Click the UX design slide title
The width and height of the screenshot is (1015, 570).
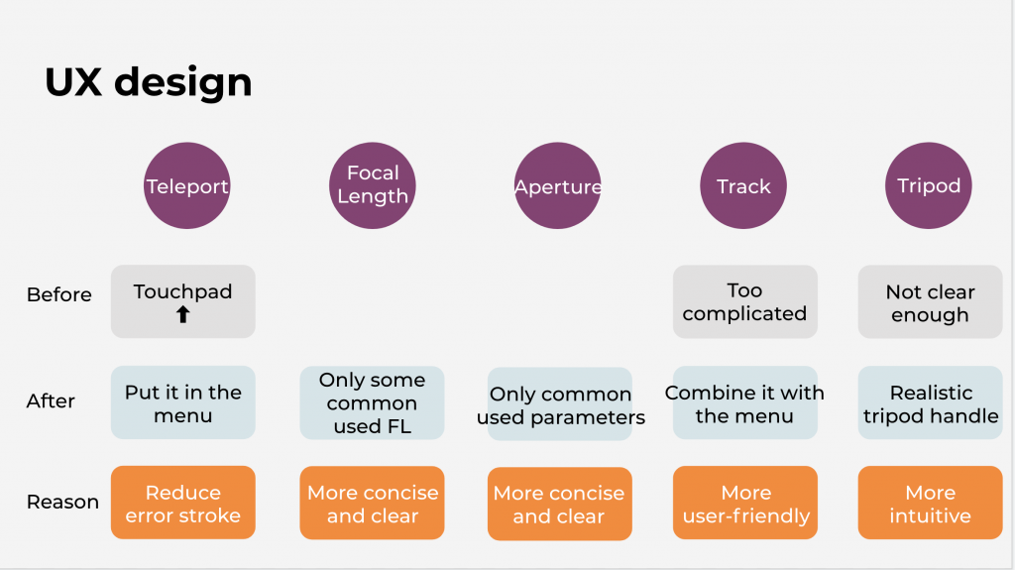click(149, 83)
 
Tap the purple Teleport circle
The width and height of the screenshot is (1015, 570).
click(187, 186)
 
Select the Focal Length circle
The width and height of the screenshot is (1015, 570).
click(373, 186)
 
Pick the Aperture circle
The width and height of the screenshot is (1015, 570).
click(557, 186)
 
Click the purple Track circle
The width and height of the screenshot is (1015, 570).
click(743, 186)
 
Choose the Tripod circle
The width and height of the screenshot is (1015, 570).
click(928, 186)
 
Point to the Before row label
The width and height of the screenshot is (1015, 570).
click(58, 294)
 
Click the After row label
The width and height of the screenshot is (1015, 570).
click(51, 400)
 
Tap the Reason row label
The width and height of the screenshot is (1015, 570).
click(62, 502)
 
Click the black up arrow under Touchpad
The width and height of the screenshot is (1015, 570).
click(183, 315)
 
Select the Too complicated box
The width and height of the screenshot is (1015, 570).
click(745, 301)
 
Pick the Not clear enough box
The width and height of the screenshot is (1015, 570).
click(930, 301)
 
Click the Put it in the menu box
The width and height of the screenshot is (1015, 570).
click(183, 402)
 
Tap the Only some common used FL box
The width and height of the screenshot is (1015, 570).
click(373, 402)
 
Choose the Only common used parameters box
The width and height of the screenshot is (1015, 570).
click(560, 404)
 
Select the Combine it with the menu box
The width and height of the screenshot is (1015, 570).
click(745, 402)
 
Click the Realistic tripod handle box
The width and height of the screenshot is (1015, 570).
click(930, 402)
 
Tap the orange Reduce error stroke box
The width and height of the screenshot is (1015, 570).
click(183, 503)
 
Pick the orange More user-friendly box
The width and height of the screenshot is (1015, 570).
click(745, 503)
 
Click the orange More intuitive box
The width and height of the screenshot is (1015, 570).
click(930, 503)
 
